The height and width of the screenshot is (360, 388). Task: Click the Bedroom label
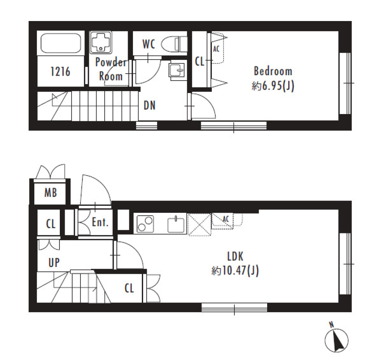point(273,71)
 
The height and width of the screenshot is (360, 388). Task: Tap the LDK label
point(235,256)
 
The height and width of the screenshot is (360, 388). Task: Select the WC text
point(149,44)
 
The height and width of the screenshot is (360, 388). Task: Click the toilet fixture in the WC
point(174,44)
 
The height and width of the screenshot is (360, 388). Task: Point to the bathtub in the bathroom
point(61,43)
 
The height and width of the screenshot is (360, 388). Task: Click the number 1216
point(60,72)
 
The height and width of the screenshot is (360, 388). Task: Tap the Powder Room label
point(111,69)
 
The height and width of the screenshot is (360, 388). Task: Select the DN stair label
point(150,106)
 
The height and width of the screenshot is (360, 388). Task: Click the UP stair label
point(54,263)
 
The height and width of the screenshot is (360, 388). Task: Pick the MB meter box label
point(51,193)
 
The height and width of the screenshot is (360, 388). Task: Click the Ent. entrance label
point(100,222)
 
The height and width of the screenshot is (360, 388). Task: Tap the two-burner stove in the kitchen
point(145,224)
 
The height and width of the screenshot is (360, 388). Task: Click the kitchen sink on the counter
point(176,224)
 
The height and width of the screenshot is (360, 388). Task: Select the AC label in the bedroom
point(216,49)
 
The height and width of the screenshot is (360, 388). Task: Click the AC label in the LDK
point(226,219)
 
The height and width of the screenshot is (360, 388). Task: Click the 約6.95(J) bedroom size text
point(273,86)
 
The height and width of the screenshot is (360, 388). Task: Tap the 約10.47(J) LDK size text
point(235,271)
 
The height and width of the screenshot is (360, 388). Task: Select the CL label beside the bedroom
point(200,61)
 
